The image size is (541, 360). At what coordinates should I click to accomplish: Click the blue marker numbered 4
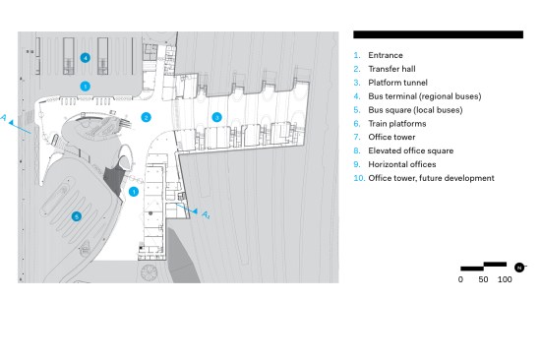86,58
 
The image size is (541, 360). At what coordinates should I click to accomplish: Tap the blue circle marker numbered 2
146,117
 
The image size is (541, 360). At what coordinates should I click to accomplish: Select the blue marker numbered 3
216,117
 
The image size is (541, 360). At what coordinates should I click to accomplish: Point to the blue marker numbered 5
77,216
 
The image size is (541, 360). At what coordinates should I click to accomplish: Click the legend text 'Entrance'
386,55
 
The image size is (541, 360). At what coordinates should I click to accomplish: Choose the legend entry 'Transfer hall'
391,69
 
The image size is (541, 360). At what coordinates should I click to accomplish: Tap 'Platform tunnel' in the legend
397,83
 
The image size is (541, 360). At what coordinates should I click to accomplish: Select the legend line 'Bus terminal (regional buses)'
425,96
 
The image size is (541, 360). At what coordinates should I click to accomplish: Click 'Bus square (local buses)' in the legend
415,110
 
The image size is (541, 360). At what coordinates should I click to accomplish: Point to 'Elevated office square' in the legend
411,150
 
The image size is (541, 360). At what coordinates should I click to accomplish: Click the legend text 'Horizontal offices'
402,164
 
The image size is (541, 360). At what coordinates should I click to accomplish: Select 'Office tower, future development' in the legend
431,178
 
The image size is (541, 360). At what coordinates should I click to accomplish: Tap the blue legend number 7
357,137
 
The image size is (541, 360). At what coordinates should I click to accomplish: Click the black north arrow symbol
519,268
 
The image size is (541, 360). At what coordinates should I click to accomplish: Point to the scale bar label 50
483,279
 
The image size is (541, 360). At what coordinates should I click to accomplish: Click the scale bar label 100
505,279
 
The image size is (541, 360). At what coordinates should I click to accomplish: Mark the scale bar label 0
460,279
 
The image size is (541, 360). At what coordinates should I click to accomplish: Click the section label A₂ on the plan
206,215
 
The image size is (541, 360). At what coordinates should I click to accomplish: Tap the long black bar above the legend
438,34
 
